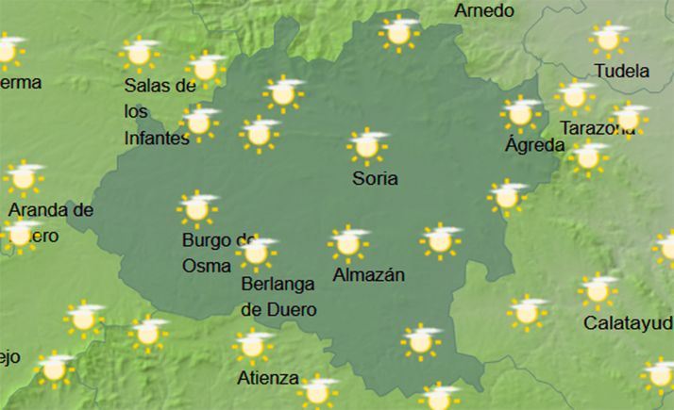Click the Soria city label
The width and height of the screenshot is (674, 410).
coord(375,178)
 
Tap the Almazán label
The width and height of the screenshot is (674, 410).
coord(369,275)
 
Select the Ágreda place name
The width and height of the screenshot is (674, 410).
coord(534,145)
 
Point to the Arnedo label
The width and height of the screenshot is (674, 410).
coord(484,11)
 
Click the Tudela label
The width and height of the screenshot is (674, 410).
coord(622,71)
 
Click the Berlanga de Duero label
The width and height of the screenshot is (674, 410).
coord(278,295)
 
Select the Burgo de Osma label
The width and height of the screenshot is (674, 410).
coord(218,253)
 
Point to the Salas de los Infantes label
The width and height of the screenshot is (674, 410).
coord(159,111)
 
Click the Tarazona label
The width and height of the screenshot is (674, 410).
coord(597,128)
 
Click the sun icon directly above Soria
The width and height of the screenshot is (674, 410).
coord(367,145)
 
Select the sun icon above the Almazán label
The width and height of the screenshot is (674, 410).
coord(348,243)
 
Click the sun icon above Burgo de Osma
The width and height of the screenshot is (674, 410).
coord(196,208)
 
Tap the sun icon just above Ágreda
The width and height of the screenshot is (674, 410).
coord(519,113)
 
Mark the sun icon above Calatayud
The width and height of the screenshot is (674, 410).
coord(598,290)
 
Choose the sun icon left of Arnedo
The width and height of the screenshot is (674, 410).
coord(398,32)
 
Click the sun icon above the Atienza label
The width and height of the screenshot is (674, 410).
coord(252,345)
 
